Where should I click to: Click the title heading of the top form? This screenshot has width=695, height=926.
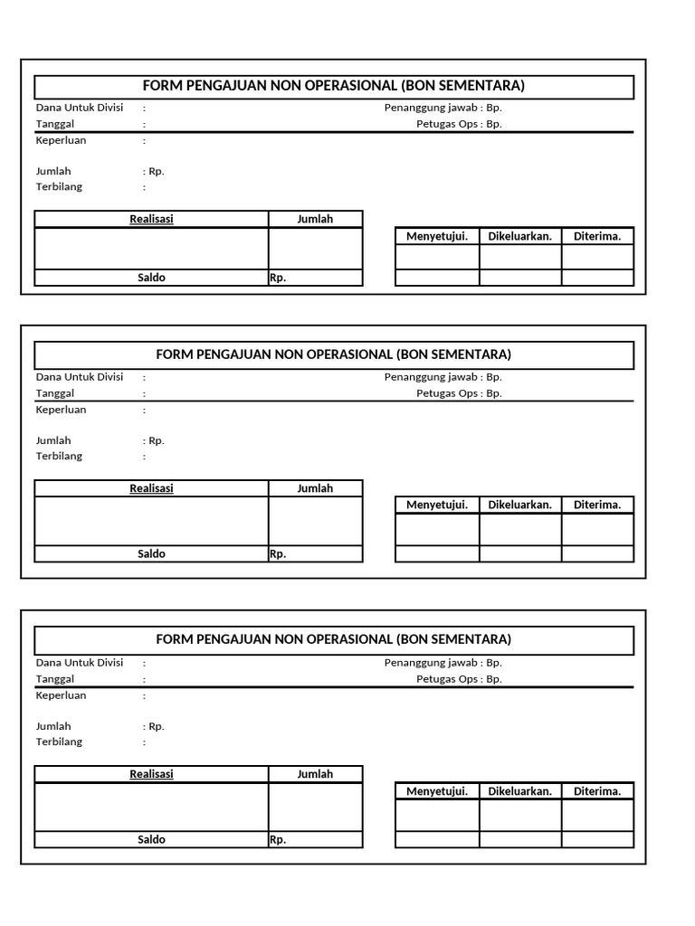(333, 86)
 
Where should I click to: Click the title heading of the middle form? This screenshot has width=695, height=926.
(333, 354)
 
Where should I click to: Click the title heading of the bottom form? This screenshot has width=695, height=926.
(333, 639)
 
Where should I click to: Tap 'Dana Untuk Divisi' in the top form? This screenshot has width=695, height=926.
(80, 108)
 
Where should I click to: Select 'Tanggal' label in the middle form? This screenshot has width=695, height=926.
(55, 393)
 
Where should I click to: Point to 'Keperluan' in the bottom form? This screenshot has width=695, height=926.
(62, 695)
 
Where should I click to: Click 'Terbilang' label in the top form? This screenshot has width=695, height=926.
(59, 187)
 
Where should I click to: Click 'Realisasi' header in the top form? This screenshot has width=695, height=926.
(151, 219)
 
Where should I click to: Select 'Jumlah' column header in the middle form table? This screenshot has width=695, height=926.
(315, 488)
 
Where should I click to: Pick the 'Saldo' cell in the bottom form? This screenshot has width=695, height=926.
(151, 839)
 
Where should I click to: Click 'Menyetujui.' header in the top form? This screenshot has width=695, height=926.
(437, 236)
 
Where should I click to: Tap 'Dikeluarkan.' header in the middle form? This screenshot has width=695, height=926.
(519, 505)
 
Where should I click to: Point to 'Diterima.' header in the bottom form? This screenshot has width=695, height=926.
(597, 791)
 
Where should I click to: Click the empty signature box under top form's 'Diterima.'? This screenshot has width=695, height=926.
(597, 257)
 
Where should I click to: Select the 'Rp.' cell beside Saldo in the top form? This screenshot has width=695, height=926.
(315, 278)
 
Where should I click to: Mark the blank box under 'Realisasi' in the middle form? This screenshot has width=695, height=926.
(151, 521)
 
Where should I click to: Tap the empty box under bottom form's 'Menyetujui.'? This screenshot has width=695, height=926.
(437, 815)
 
